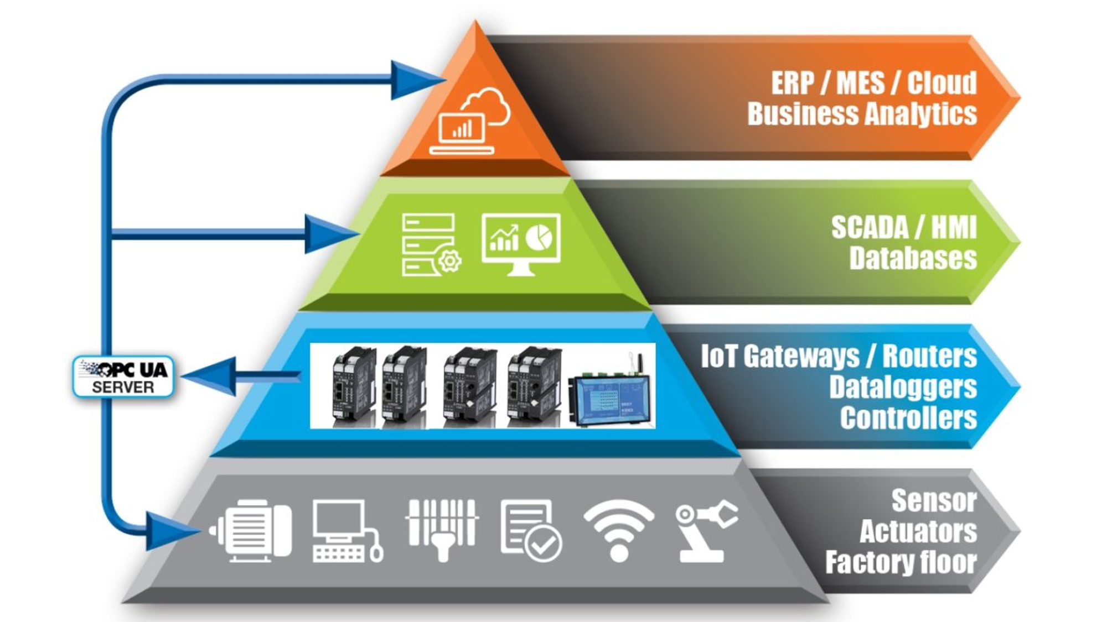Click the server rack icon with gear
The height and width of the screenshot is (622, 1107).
(430, 244)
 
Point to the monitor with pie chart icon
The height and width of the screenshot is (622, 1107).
(521, 243)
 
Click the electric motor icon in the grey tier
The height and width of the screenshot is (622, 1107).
(252, 530)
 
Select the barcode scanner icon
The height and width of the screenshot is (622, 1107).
(442, 528)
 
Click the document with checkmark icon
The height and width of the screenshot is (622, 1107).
(530, 530)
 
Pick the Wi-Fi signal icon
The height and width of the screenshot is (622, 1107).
(619, 530)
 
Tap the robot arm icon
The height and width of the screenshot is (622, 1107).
(706, 530)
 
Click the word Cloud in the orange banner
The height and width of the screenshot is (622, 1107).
(942, 83)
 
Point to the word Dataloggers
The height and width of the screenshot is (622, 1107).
(903, 387)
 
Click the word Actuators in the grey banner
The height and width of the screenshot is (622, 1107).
(918, 531)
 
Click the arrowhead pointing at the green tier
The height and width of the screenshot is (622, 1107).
(329, 234)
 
